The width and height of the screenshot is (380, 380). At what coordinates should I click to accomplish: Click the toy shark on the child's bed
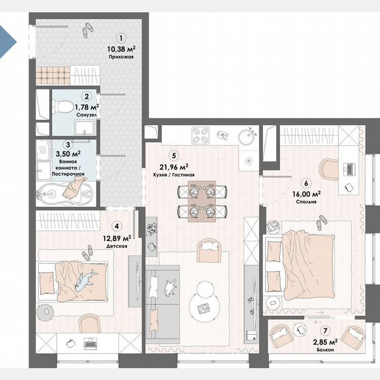(85, 281)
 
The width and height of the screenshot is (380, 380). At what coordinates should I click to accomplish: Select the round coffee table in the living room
(203, 303)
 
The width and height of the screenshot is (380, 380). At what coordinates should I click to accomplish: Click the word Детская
(117, 246)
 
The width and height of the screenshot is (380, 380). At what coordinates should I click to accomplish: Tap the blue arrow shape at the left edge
(7, 42)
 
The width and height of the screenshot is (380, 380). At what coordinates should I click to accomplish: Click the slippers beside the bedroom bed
(322, 223)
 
